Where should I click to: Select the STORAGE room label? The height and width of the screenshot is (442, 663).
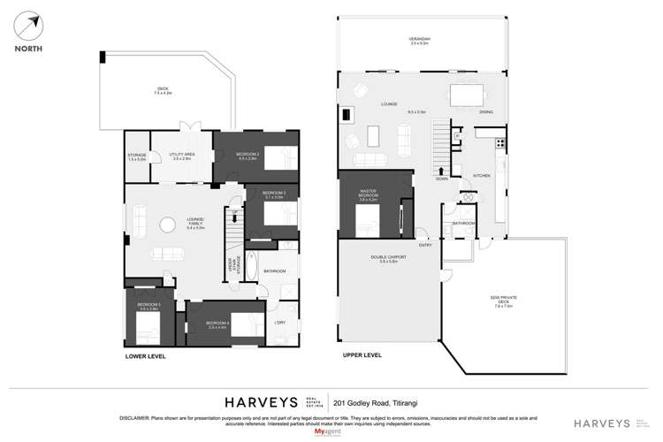click(x=136, y=156)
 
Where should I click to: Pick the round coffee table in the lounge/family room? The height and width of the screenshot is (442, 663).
click(x=167, y=225)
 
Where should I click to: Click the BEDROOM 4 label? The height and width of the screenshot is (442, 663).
click(x=217, y=324)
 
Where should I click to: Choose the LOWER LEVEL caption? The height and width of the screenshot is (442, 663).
click(x=145, y=356)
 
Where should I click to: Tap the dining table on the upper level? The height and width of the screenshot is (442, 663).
click(x=467, y=95)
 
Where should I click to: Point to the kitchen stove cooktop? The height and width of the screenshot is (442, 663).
click(x=501, y=142)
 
